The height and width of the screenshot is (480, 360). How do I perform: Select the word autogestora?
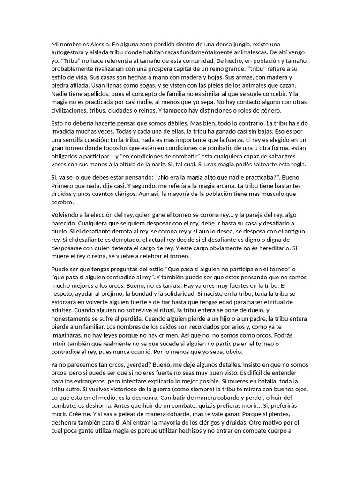69,52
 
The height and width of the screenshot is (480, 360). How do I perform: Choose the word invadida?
66,132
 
